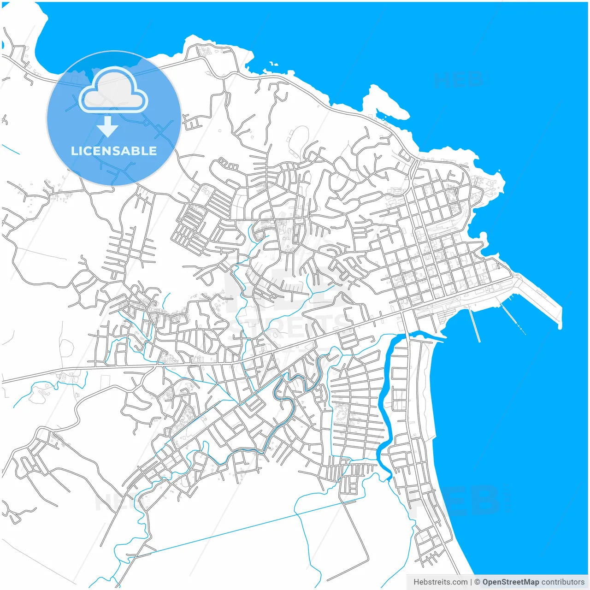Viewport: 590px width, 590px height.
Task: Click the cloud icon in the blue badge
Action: [113, 90]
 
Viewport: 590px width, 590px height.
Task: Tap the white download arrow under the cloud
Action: [108, 126]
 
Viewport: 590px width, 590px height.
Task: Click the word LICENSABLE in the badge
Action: [114, 151]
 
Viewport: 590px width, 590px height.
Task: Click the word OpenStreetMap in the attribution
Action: [510, 582]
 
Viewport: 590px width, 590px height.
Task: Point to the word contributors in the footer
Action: [563, 582]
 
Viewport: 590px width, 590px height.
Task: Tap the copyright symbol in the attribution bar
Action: [478, 582]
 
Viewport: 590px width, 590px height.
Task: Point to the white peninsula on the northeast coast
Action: [387, 101]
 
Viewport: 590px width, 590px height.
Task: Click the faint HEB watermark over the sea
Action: [459, 80]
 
